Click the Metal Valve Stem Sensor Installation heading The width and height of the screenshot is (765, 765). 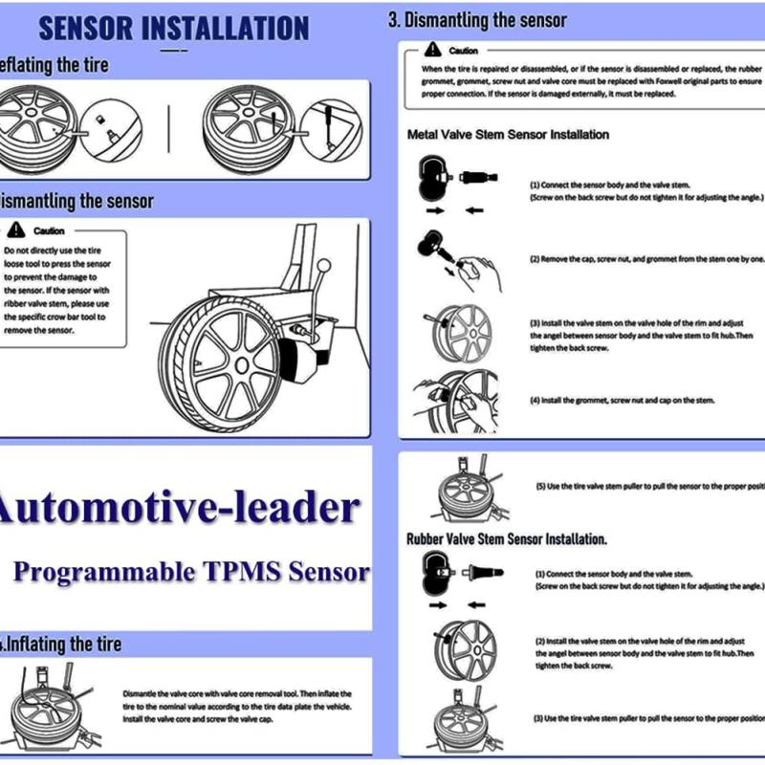[x=508, y=135]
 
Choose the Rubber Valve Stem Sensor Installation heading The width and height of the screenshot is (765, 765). [x=507, y=539]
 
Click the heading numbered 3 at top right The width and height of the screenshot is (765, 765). [x=477, y=20]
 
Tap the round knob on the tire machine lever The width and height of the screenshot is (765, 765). [x=324, y=265]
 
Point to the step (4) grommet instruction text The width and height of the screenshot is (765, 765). [x=623, y=400]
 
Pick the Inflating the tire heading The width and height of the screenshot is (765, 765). [x=63, y=644]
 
